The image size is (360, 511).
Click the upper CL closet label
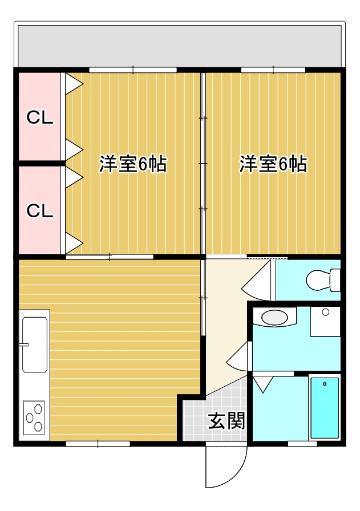coord(40,118)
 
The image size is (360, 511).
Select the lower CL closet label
coord(40,210)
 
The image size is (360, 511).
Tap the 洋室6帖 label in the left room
coord(133,164)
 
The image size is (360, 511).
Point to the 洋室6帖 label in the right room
coord(273,164)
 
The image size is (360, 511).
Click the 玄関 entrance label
coord(226,421)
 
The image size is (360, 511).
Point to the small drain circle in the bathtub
coord(324,384)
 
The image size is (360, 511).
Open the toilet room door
coord(260,279)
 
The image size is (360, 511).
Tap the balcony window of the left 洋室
coord(133,70)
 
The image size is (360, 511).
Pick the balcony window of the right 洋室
coord(273,70)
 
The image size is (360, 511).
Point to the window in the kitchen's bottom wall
coord(98,443)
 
